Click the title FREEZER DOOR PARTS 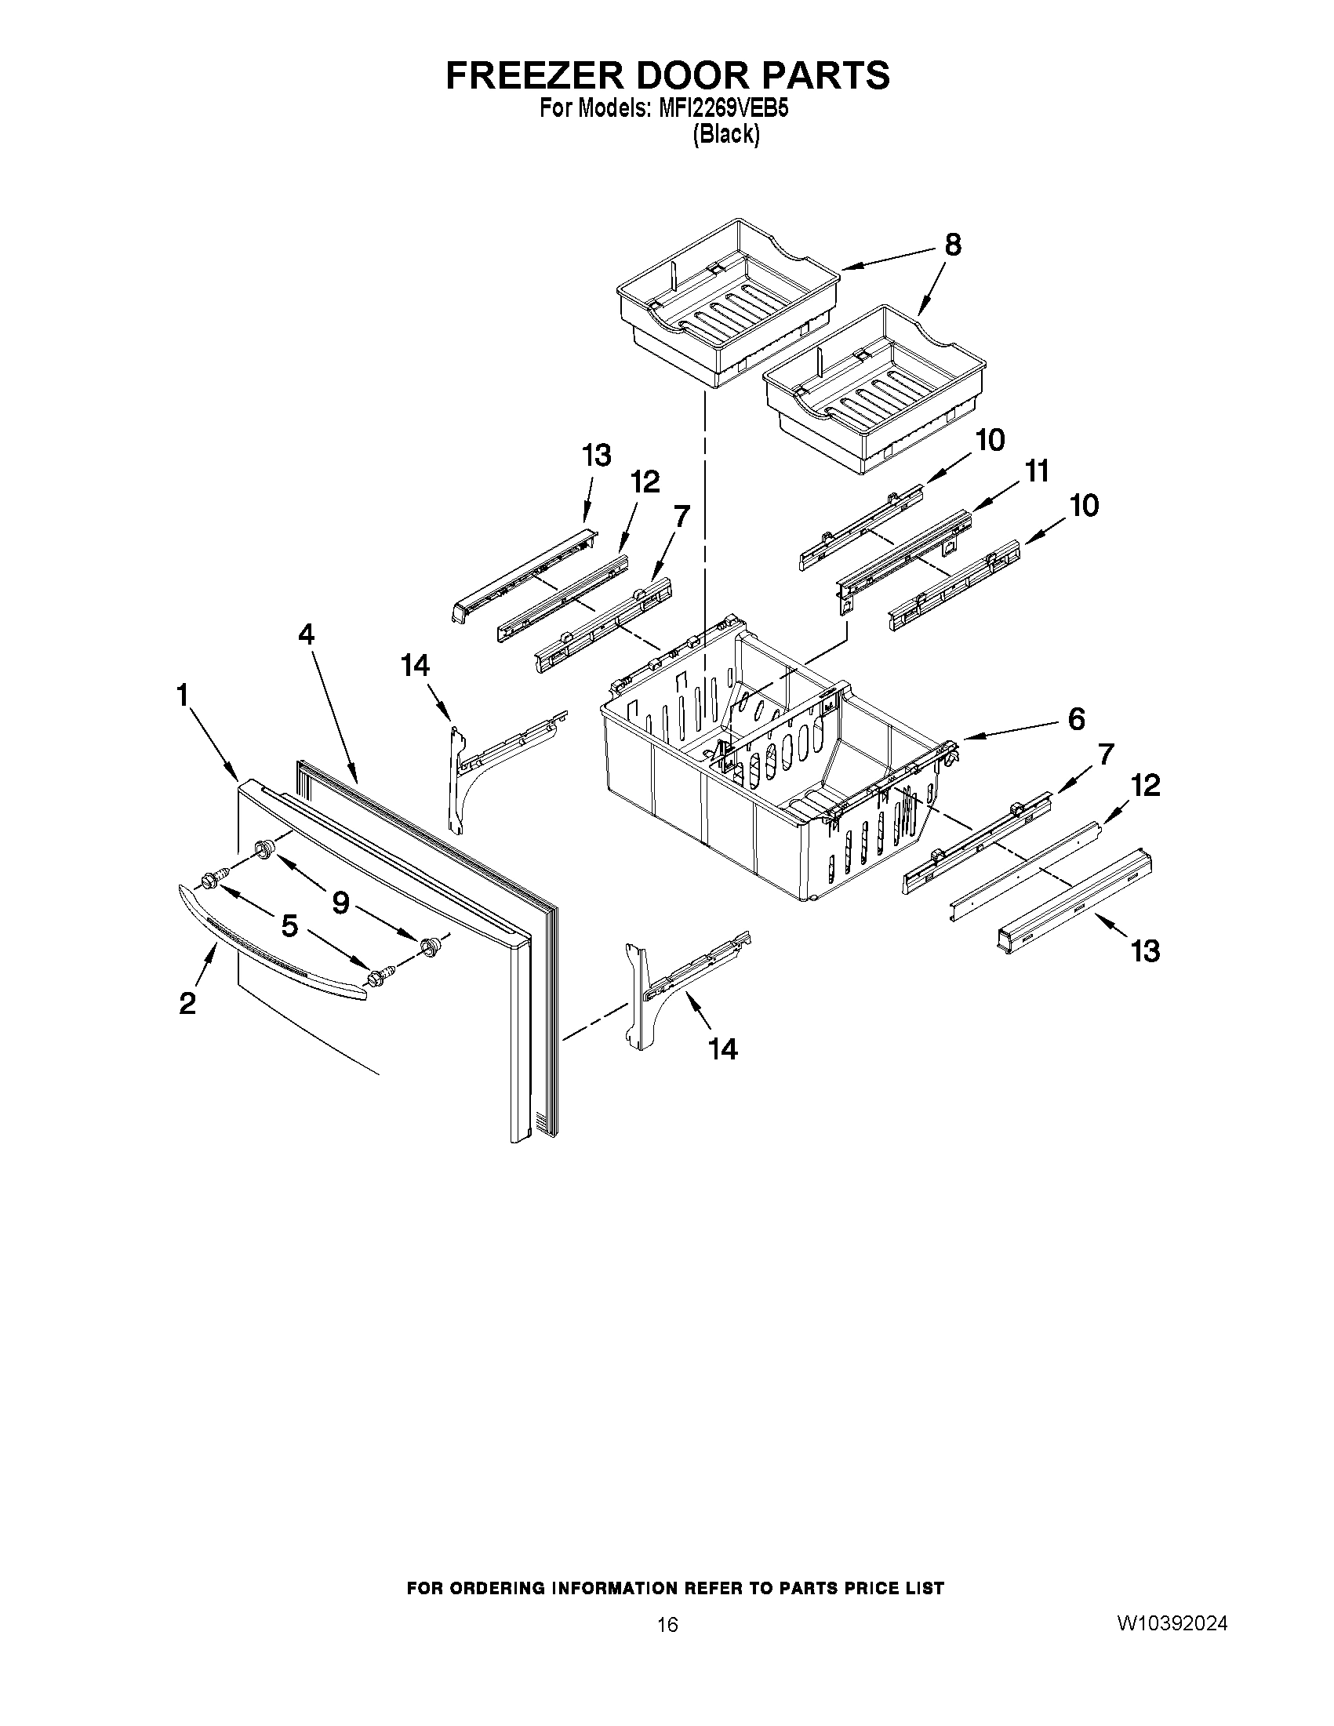pyautogui.click(x=668, y=75)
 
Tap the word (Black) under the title pyautogui.click(x=726, y=135)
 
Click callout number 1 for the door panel pyautogui.click(x=183, y=696)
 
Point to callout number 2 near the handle pyautogui.click(x=187, y=1004)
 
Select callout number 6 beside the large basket pyautogui.click(x=1076, y=718)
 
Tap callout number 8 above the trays pyautogui.click(x=953, y=245)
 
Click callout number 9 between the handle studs pyautogui.click(x=340, y=903)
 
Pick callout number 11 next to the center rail pyautogui.click(x=1037, y=472)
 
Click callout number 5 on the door pyautogui.click(x=290, y=925)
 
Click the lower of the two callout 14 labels pyautogui.click(x=723, y=1049)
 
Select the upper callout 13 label pyautogui.click(x=597, y=456)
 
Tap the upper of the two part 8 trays pyautogui.click(x=727, y=304)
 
